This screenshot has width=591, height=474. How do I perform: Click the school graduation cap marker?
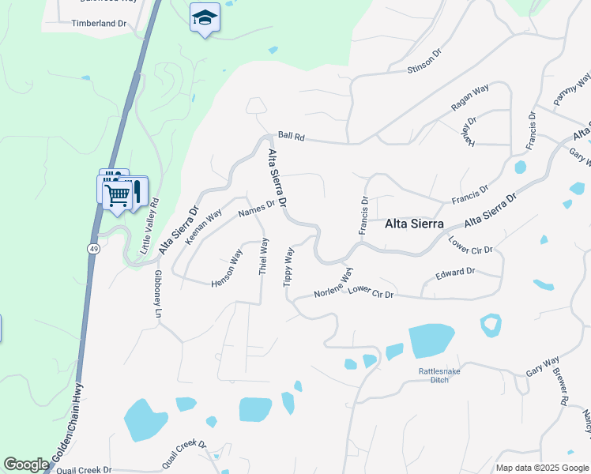(x=205, y=18)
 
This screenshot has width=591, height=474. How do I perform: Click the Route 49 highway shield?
(x=93, y=247)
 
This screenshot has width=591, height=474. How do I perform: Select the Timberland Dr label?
(x=99, y=24)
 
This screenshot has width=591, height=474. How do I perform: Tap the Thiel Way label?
(x=263, y=256)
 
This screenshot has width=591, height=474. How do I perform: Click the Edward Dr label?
(x=454, y=273)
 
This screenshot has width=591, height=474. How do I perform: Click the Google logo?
(x=26, y=465)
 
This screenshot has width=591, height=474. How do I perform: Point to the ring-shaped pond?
(x=491, y=325)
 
